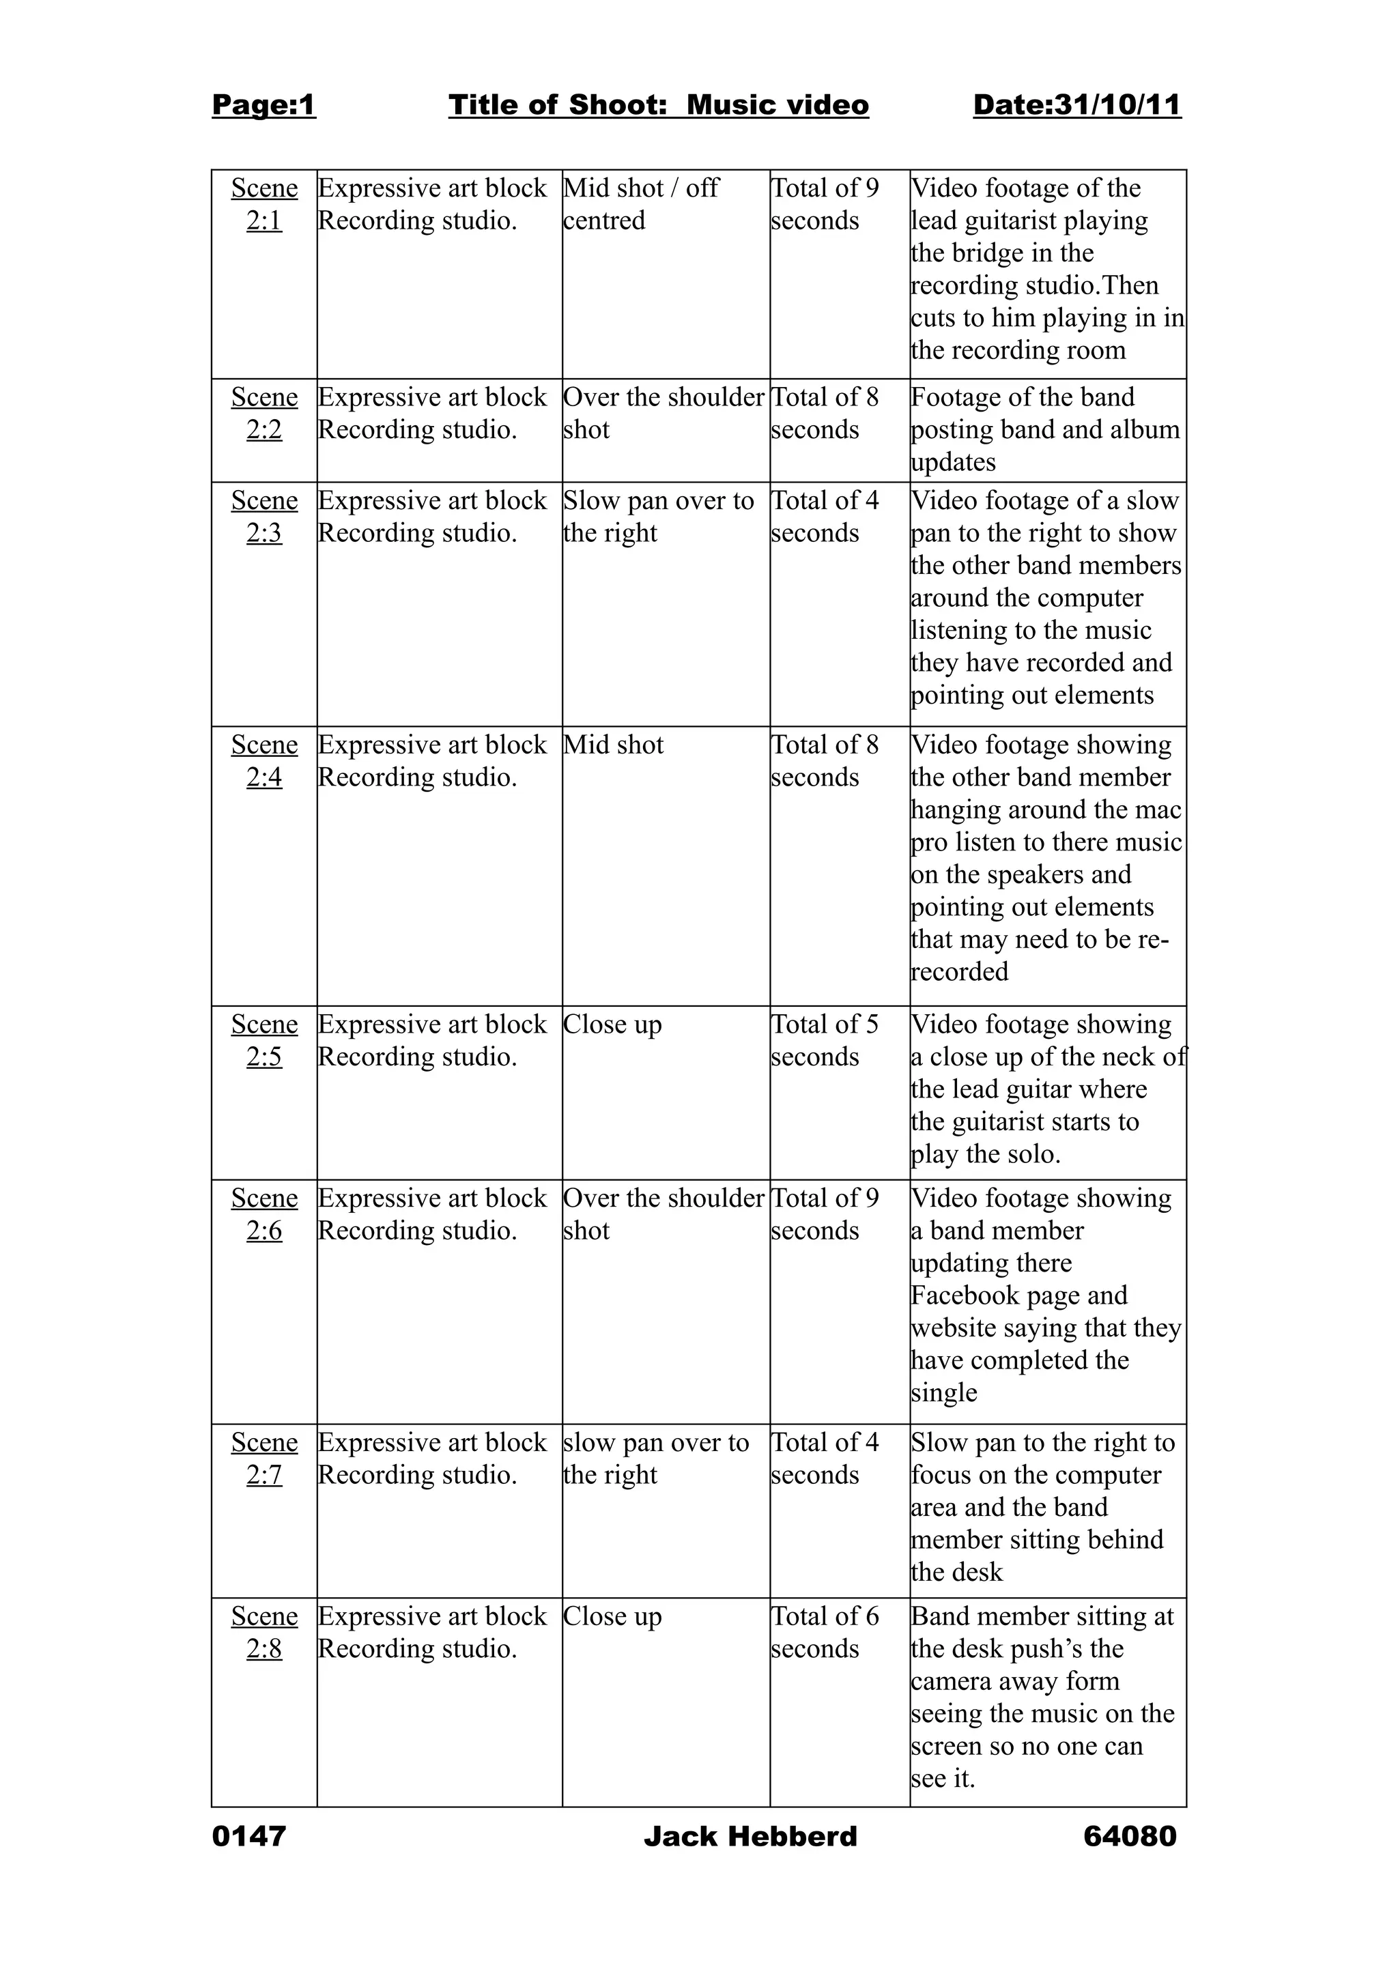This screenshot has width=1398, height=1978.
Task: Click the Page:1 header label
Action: (x=263, y=105)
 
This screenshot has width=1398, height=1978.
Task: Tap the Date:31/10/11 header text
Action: (x=1076, y=105)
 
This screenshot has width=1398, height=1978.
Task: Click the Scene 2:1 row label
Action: (x=263, y=204)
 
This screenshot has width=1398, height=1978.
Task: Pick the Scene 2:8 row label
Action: (x=263, y=1632)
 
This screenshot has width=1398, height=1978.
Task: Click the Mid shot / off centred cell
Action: (x=640, y=204)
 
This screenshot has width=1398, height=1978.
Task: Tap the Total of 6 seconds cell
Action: (x=825, y=1632)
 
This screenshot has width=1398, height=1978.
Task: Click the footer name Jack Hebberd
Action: (x=750, y=1836)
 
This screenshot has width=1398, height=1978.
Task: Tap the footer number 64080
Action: (x=1129, y=1836)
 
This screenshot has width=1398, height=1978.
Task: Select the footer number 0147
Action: (x=249, y=1836)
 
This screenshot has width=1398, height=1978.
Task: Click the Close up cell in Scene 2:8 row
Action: (x=612, y=1616)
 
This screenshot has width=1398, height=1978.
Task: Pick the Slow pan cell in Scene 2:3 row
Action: (x=658, y=516)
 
